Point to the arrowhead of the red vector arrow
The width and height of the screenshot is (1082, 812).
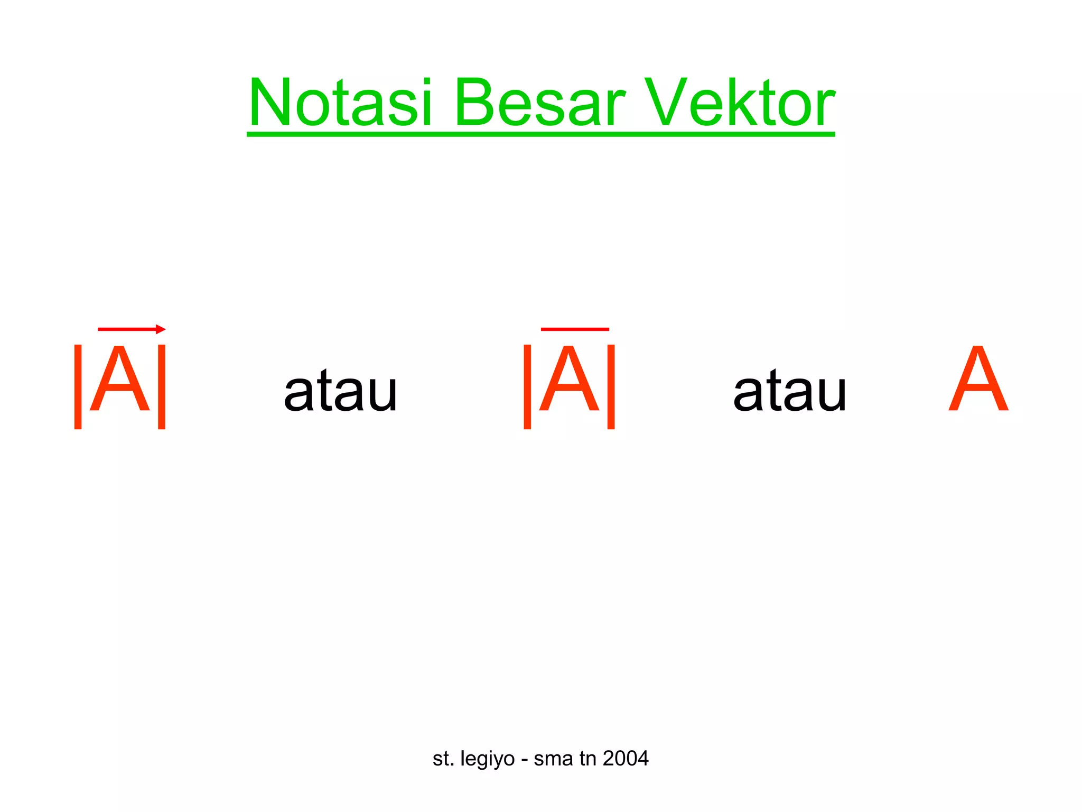coord(161,329)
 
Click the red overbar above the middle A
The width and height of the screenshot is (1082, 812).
coord(575,329)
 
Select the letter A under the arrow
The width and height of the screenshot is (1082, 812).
coord(120,380)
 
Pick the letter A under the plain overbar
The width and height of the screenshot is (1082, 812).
coord(569,380)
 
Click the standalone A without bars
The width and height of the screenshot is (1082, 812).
coord(978,380)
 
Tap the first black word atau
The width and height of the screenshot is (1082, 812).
coord(340,391)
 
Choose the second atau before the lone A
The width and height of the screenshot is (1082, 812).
coord(790,391)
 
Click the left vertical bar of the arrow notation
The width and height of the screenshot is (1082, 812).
coord(78,386)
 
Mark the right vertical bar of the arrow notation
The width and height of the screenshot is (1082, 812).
coord(162,386)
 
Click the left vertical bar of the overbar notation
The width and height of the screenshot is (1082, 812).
coord(527,386)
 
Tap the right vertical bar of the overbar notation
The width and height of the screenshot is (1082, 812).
coord(611,386)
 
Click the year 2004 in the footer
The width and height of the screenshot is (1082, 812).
coord(626,759)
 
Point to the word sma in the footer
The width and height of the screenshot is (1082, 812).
coord(553,759)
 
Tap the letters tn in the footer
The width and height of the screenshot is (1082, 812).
coord(587,759)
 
